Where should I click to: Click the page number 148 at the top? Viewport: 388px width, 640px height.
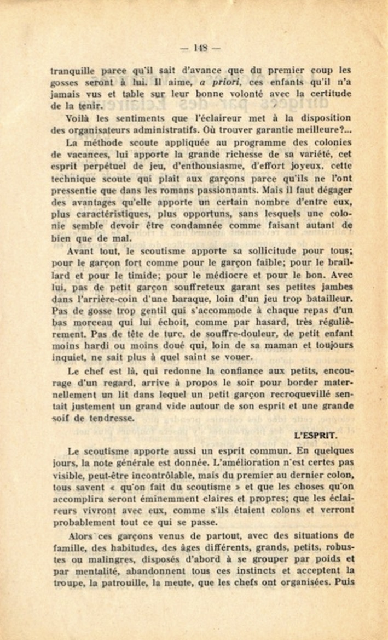coord(200,48)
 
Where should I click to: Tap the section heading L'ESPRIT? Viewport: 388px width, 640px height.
coord(315,436)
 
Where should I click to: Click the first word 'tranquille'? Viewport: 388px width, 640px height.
coord(71,71)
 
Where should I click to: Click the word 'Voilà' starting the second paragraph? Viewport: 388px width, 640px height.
coord(77,118)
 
